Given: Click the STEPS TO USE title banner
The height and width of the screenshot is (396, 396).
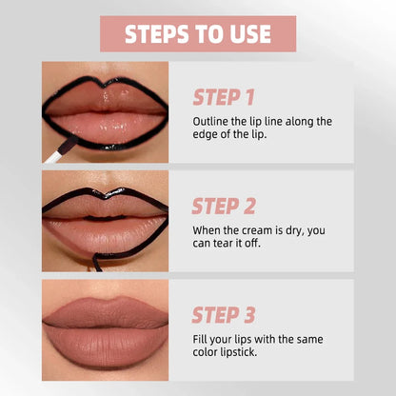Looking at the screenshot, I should pos(198,33).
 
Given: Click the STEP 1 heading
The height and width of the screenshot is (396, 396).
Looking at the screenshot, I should pos(224,96).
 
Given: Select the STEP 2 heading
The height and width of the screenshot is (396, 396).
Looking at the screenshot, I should pos(225,206).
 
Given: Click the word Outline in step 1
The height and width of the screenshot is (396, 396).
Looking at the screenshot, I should pos(211,121).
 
